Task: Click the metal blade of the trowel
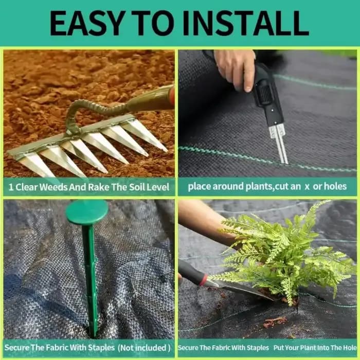pyautogui.click(x=242, y=290)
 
